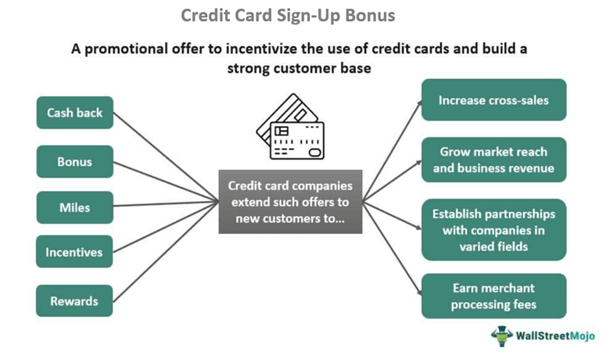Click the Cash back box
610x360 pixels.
(75, 113)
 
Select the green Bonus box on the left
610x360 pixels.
(75, 162)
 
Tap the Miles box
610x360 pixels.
(75, 207)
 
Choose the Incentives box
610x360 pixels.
(75, 252)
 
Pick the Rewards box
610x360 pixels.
(75, 301)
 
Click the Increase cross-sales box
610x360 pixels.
(493, 100)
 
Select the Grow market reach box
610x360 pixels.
(493, 160)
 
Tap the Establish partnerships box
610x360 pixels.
(493, 230)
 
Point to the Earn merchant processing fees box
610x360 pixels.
(493, 297)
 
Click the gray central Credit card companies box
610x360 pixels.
(290, 201)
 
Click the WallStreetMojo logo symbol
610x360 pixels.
(501, 337)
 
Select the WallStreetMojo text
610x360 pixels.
(554, 337)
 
